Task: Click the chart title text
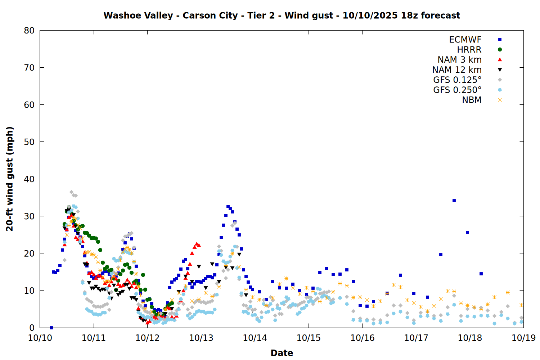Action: [282, 15]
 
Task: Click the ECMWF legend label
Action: [465, 40]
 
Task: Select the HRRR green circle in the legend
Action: [500, 50]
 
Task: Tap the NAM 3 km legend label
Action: [459, 60]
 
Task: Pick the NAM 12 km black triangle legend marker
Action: [500, 70]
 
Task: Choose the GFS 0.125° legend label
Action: [457, 80]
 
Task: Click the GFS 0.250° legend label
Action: [457, 90]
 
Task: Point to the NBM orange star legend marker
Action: [500, 100]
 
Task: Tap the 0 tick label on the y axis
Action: [32, 328]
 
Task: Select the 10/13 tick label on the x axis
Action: [201, 338]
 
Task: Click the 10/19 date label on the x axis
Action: [523, 338]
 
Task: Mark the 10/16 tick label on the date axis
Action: [362, 338]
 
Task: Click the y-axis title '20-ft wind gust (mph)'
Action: [10, 179]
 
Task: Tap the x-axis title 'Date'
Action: [282, 353]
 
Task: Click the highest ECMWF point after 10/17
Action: [454, 201]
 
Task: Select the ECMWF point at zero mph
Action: [51, 328]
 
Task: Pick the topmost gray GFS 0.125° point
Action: [71, 192]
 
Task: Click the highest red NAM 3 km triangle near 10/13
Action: [197, 244]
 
